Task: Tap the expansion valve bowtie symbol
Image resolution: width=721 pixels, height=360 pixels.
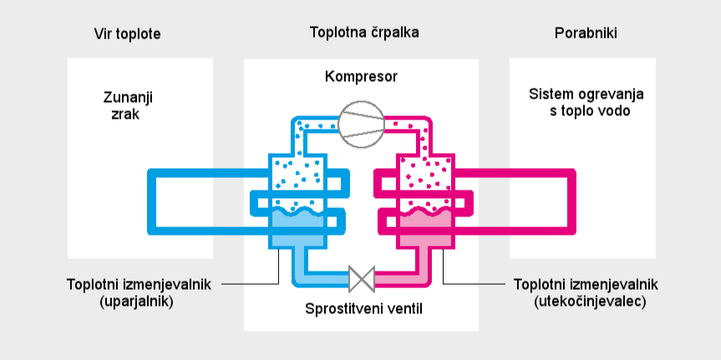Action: click(x=361, y=276)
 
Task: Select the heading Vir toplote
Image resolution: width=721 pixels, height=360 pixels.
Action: click(x=127, y=33)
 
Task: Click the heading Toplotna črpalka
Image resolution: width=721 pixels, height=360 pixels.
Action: click(x=364, y=33)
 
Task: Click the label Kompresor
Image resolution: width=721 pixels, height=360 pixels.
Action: click(x=361, y=78)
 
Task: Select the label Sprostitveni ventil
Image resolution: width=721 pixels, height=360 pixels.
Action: click(x=364, y=309)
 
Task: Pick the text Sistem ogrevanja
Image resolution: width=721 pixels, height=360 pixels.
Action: click(x=586, y=94)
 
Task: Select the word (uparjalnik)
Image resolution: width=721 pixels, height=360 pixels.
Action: click(x=135, y=302)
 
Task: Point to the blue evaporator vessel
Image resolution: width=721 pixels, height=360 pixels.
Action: click(x=295, y=180)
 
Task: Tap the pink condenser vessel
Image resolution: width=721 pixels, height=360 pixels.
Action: click(x=428, y=180)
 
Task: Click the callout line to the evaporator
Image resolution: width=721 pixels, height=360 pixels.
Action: click(x=251, y=284)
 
